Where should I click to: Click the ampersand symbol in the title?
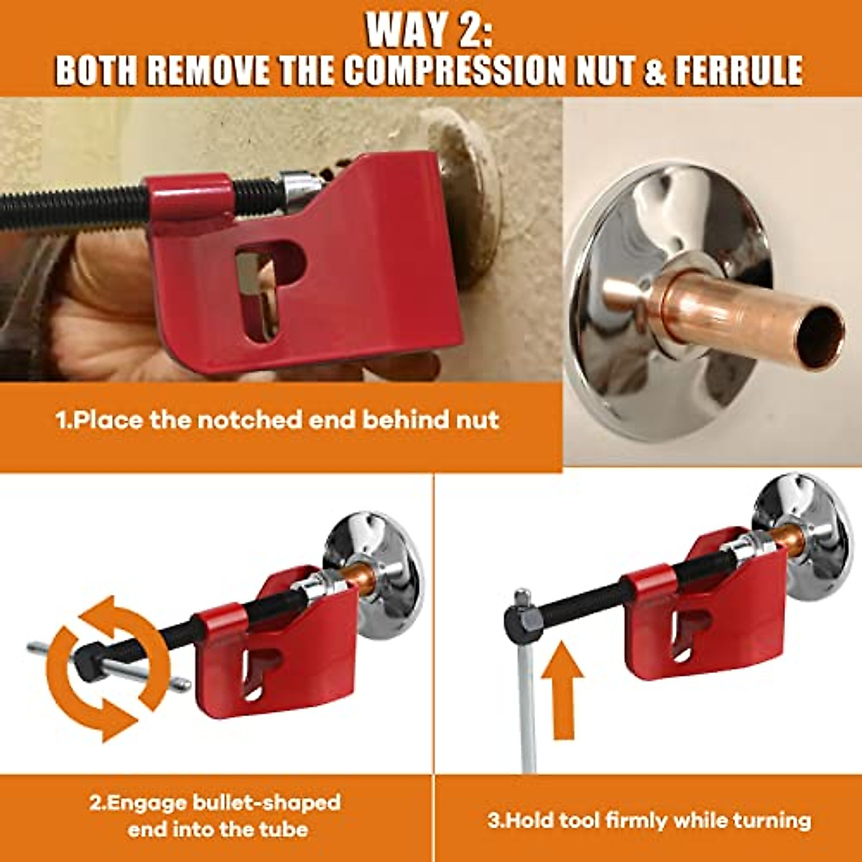coord(654,70)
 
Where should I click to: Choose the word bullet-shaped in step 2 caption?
coord(267,802)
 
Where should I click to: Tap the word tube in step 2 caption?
coord(283,830)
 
